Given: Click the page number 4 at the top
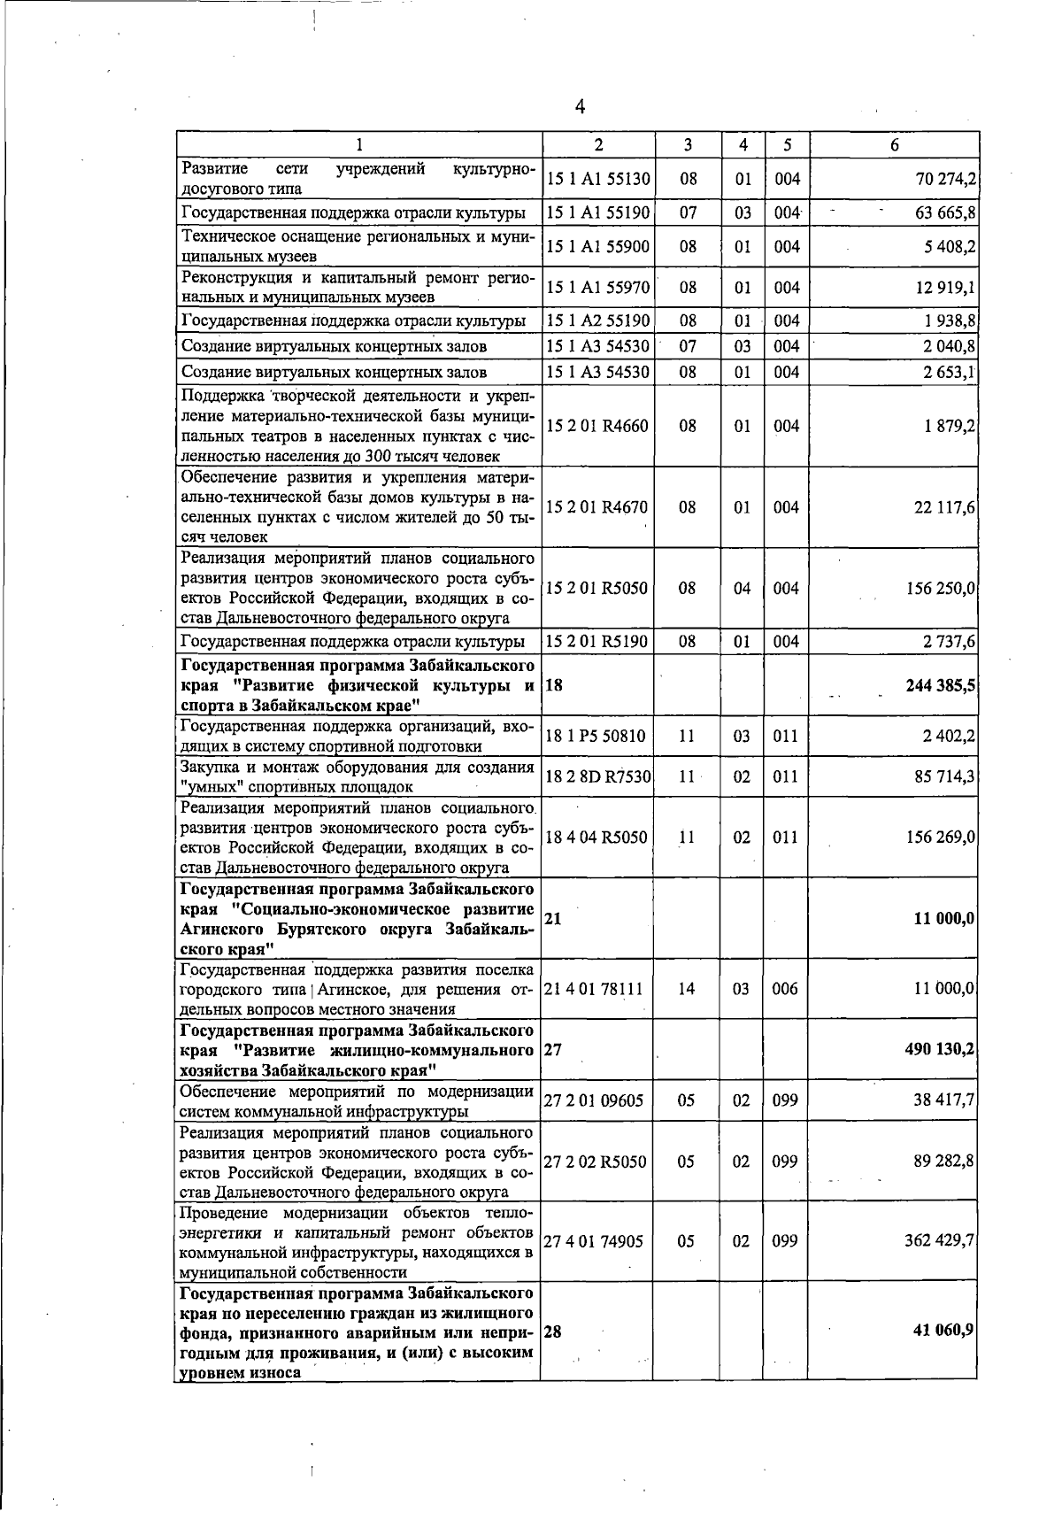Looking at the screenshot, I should [x=580, y=107].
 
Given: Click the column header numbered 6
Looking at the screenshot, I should [x=894, y=145].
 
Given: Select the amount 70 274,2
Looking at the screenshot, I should [x=945, y=180].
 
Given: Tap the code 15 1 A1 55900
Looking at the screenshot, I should [x=599, y=247].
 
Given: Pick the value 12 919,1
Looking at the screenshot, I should [x=946, y=288].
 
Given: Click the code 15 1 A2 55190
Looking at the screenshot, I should [x=599, y=320].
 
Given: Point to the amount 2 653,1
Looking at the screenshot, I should [x=948, y=372].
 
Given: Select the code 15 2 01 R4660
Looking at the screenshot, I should [x=598, y=426].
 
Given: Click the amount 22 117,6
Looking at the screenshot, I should [x=945, y=507].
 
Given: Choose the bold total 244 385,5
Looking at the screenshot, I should [x=940, y=686].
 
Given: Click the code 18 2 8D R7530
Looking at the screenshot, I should [x=599, y=777].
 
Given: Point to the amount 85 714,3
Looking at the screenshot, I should [x=945, y=777].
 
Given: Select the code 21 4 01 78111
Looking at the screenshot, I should [x=595, y=989].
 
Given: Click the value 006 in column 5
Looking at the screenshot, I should [x=785, y=989].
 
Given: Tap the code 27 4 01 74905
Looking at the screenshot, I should [x=595, y=1241].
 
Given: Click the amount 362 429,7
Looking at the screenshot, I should [x=940, y=1241].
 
